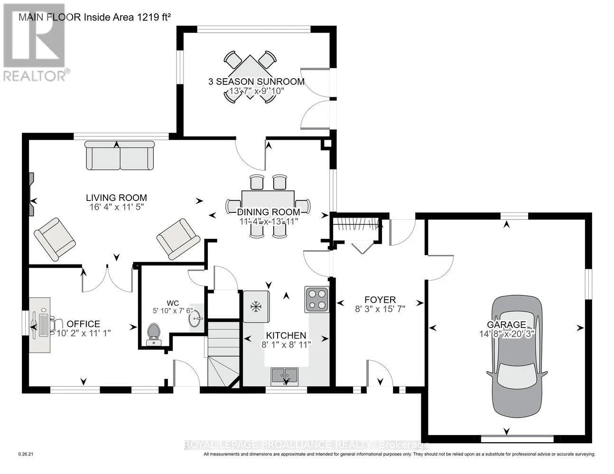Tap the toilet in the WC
tap(154, 334)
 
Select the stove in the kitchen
tap(317, 300)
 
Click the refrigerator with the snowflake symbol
tap(256, 306)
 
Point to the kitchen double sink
tap(284, 377)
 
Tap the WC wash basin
tap(195, 318)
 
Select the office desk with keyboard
tap(40, 325)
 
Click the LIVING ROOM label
tap(116, 198)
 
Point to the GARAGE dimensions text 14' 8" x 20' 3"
tap(507, 334)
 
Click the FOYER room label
tap(380, 300)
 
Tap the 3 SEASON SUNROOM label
tap(256, 82)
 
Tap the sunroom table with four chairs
tap(250, 77)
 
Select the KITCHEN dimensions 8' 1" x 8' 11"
tap(286, 345)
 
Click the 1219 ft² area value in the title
tap(154, 17)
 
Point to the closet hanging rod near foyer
tap(355, 225)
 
